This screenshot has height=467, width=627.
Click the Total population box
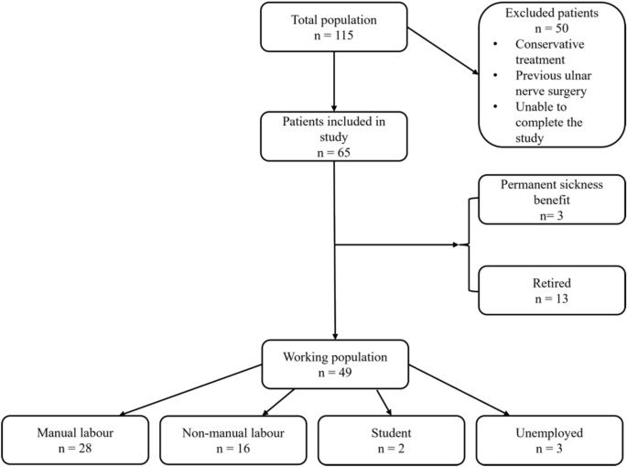coord(335,27)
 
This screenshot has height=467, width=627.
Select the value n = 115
coord(335,36)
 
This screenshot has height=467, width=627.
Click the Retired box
coord(550,288)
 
